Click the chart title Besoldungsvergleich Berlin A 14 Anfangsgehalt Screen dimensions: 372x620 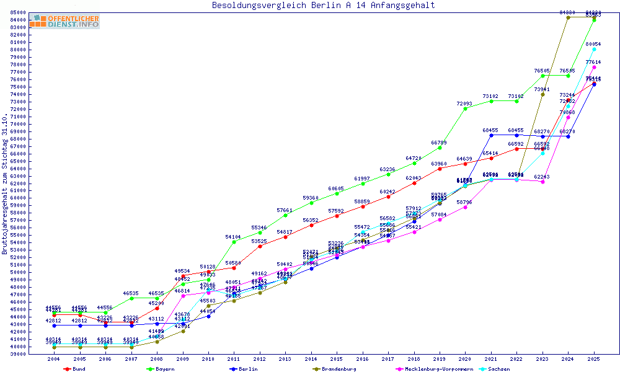(323, 6)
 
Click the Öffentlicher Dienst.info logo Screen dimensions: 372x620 (64, 22)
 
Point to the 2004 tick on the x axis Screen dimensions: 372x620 (55, 359)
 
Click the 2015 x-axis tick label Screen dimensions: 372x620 (337, 359)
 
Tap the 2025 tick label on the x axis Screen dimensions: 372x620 (594, 359)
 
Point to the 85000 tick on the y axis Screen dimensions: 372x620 (17, 13)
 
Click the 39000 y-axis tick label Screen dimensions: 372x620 (17, 353)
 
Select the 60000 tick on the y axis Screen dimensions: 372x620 (17, 198)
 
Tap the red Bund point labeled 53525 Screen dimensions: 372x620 (260, 246)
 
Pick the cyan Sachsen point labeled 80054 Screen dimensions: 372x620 (594, 49)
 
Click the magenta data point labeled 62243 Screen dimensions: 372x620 (542, 182)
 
